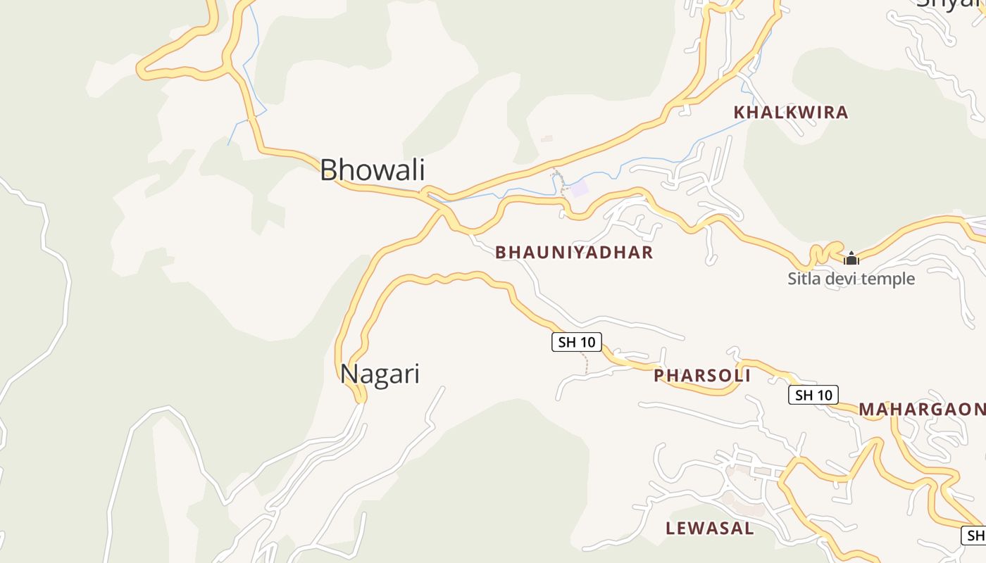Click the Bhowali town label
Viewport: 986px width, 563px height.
pyautogui.click(x=373, y=170)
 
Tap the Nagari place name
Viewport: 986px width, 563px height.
pyautogui.click(x=380, y=374)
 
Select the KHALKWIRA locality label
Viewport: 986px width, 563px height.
pyautogui.click(x=790, y=113)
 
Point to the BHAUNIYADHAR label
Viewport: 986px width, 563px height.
pyautogui.click(x=574, y=252)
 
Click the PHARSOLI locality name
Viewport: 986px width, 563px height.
pyautogui.click(x=701, y=376)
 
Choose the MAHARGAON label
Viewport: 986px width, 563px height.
pyautogui.click(x=921, y=410)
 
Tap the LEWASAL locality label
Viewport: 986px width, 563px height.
pyautogui.click(x=709, y=529)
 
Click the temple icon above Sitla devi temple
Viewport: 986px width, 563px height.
pyautogui.click(x=851, y=258)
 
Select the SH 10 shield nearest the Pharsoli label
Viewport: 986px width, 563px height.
pyautogui.click(x=576, y=343)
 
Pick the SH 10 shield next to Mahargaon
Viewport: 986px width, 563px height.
pyautogui.click(x=813, y=395)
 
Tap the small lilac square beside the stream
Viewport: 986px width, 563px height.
pyautogui.click(x=579, y=188)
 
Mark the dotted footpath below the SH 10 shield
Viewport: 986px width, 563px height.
pyautogui.click(x=585, y=363)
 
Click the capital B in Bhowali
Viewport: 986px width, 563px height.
pyautogui.click(x=328, y=170)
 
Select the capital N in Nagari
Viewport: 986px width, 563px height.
pyautogui.click(x=348, y=374)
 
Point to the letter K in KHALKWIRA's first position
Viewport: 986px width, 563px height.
pyautogui.click(x=739, y=113)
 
